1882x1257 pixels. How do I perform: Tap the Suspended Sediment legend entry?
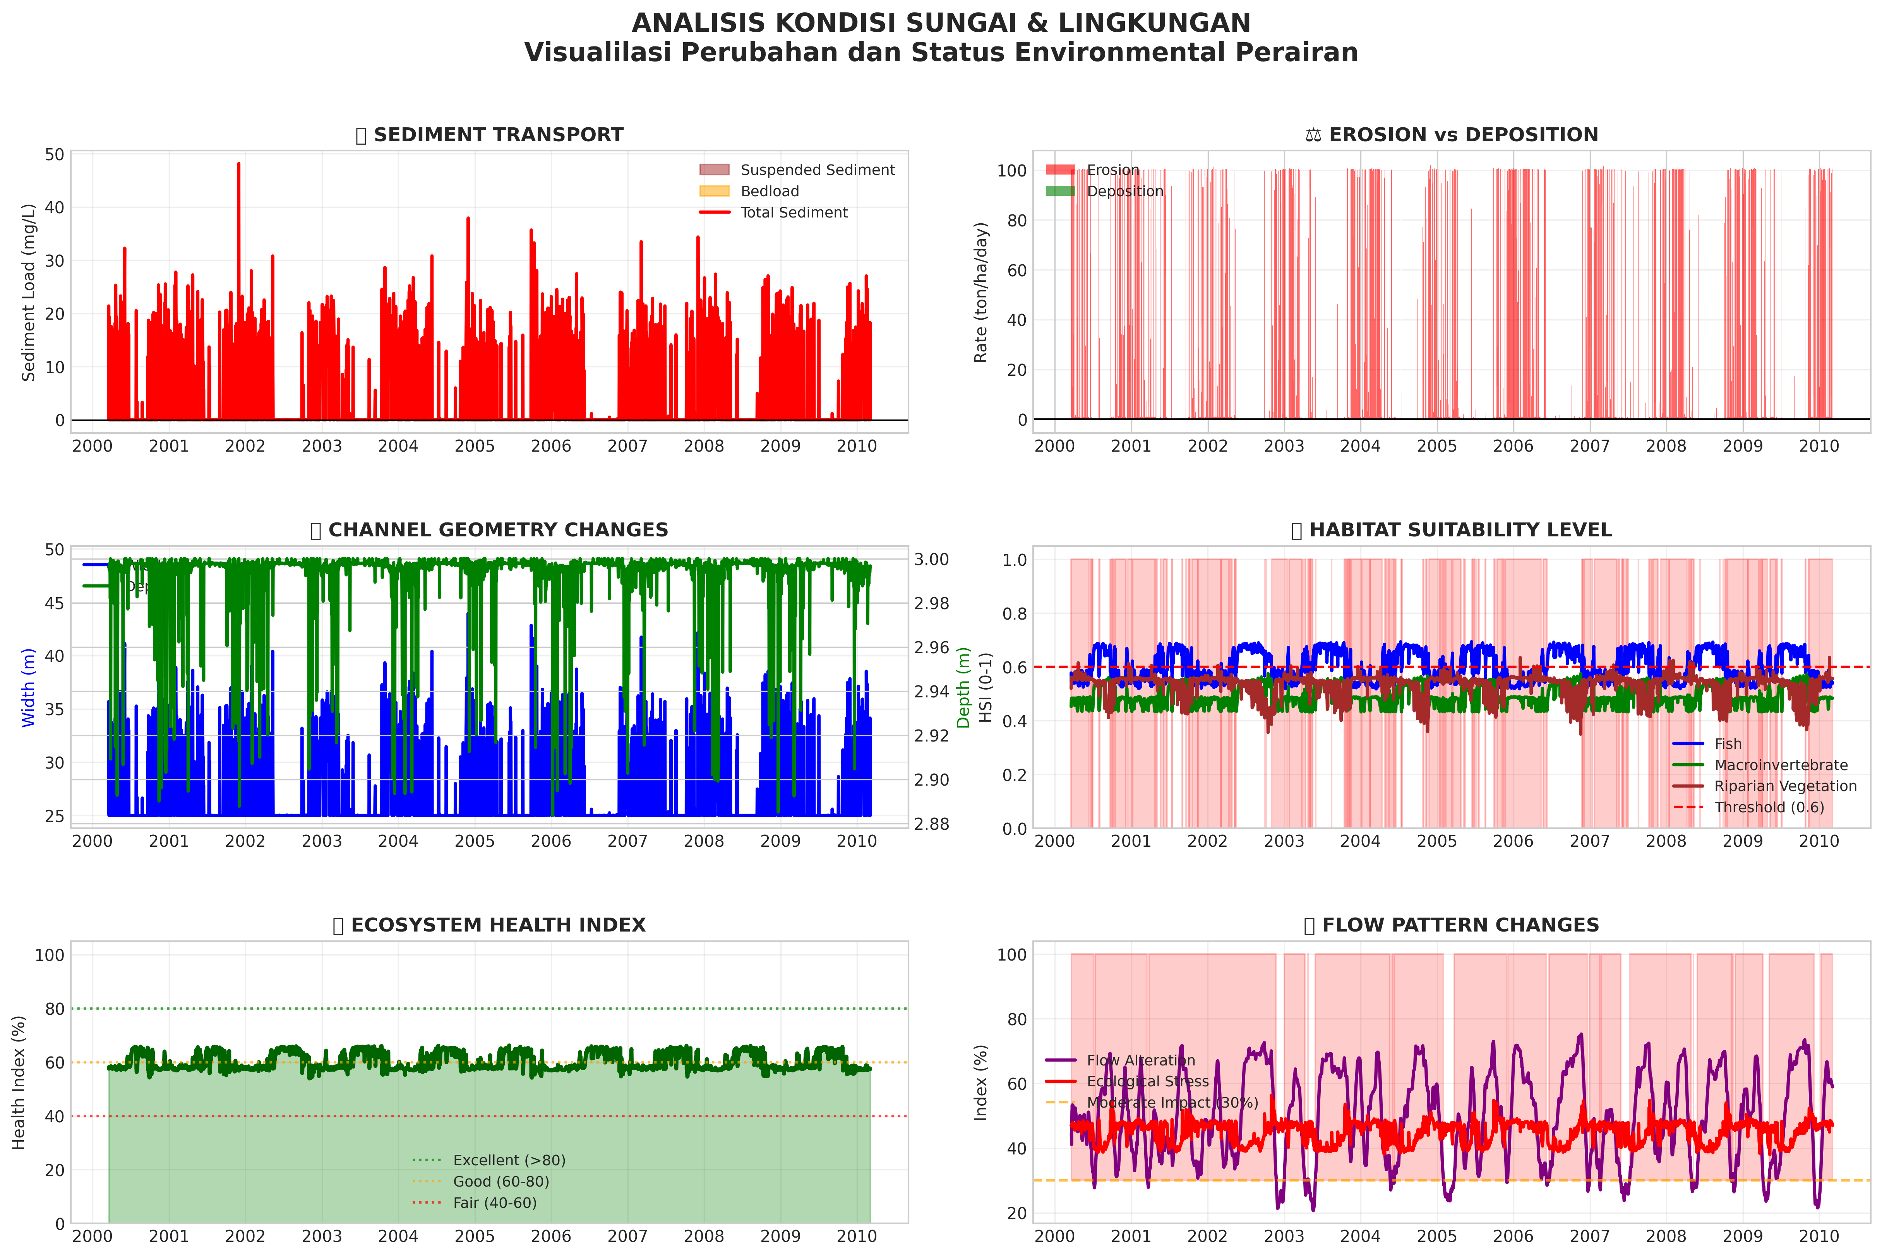point(816,170)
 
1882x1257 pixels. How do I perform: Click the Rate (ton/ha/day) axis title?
point(981,293)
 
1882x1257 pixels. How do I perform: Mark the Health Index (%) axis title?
point(19,1082)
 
